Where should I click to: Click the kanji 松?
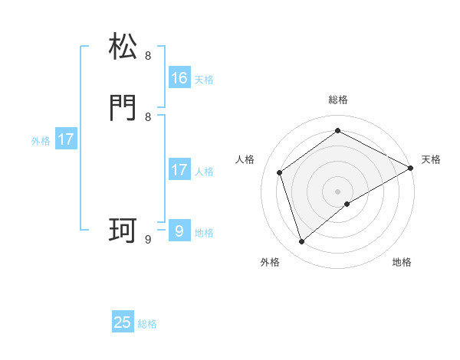point(123,47)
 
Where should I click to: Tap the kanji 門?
point(123,108)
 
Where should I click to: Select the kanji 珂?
point(123,231)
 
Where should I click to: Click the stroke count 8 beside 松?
point(148,55)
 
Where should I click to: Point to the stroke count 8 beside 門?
point(148,116)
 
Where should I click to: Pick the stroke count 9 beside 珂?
point(148,239)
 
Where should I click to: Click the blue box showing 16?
point(179,78)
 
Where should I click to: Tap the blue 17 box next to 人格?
point(179,170)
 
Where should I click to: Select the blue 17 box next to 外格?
point(66,140)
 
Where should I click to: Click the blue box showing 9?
point(179,231)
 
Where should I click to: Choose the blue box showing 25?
point(123,322)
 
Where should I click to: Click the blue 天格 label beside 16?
point(203,80)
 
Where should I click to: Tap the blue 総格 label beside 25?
point(147,324)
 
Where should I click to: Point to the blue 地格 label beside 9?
point(203,233)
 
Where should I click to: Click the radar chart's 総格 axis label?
point(338,100)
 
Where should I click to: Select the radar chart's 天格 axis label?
point(431,159)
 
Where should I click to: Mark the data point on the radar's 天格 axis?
point(411,168)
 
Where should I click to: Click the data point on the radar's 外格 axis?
point(302,242)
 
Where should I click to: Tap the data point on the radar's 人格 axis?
point(280,172)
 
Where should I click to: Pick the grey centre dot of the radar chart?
point(338,191)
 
